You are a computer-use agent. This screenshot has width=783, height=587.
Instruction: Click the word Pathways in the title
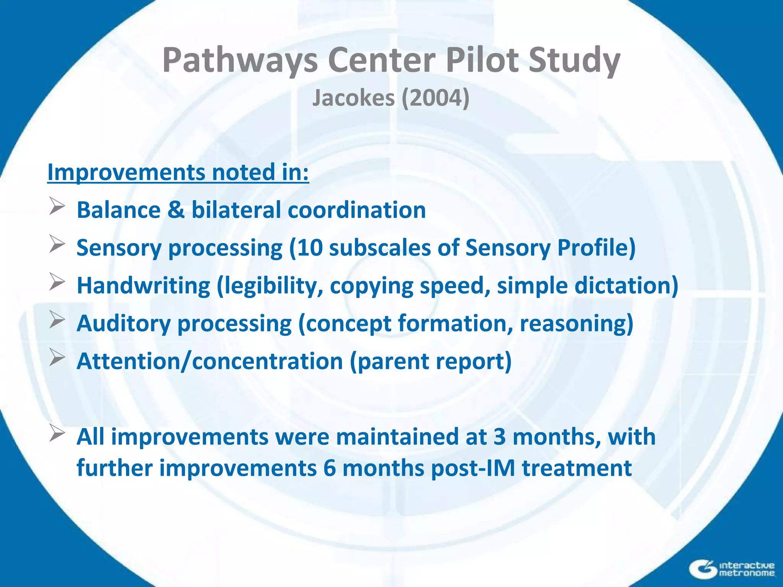[x=240, y=60]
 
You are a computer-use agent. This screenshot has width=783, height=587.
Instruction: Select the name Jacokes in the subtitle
[x=353, y=98]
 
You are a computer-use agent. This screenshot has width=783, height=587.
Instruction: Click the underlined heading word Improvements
[x=126, y=172]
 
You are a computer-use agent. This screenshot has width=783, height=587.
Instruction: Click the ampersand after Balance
[x=175, y=210]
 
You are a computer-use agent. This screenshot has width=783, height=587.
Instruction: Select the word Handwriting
[x=143, y=286]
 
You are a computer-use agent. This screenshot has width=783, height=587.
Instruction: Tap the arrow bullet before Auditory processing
[x=57, y=320]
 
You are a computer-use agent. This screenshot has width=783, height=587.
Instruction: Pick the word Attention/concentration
[x=210, y=361]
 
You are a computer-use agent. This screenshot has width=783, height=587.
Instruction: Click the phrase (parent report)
[x=431, y=361]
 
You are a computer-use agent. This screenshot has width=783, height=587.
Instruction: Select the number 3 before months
[x=499, y=437]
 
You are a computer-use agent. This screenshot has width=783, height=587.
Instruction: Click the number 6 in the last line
[x=329, y=468]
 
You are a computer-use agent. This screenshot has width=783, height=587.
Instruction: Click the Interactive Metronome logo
[x=732, y=569]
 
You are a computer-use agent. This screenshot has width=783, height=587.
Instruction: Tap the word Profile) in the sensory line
[x=596, y=248]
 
